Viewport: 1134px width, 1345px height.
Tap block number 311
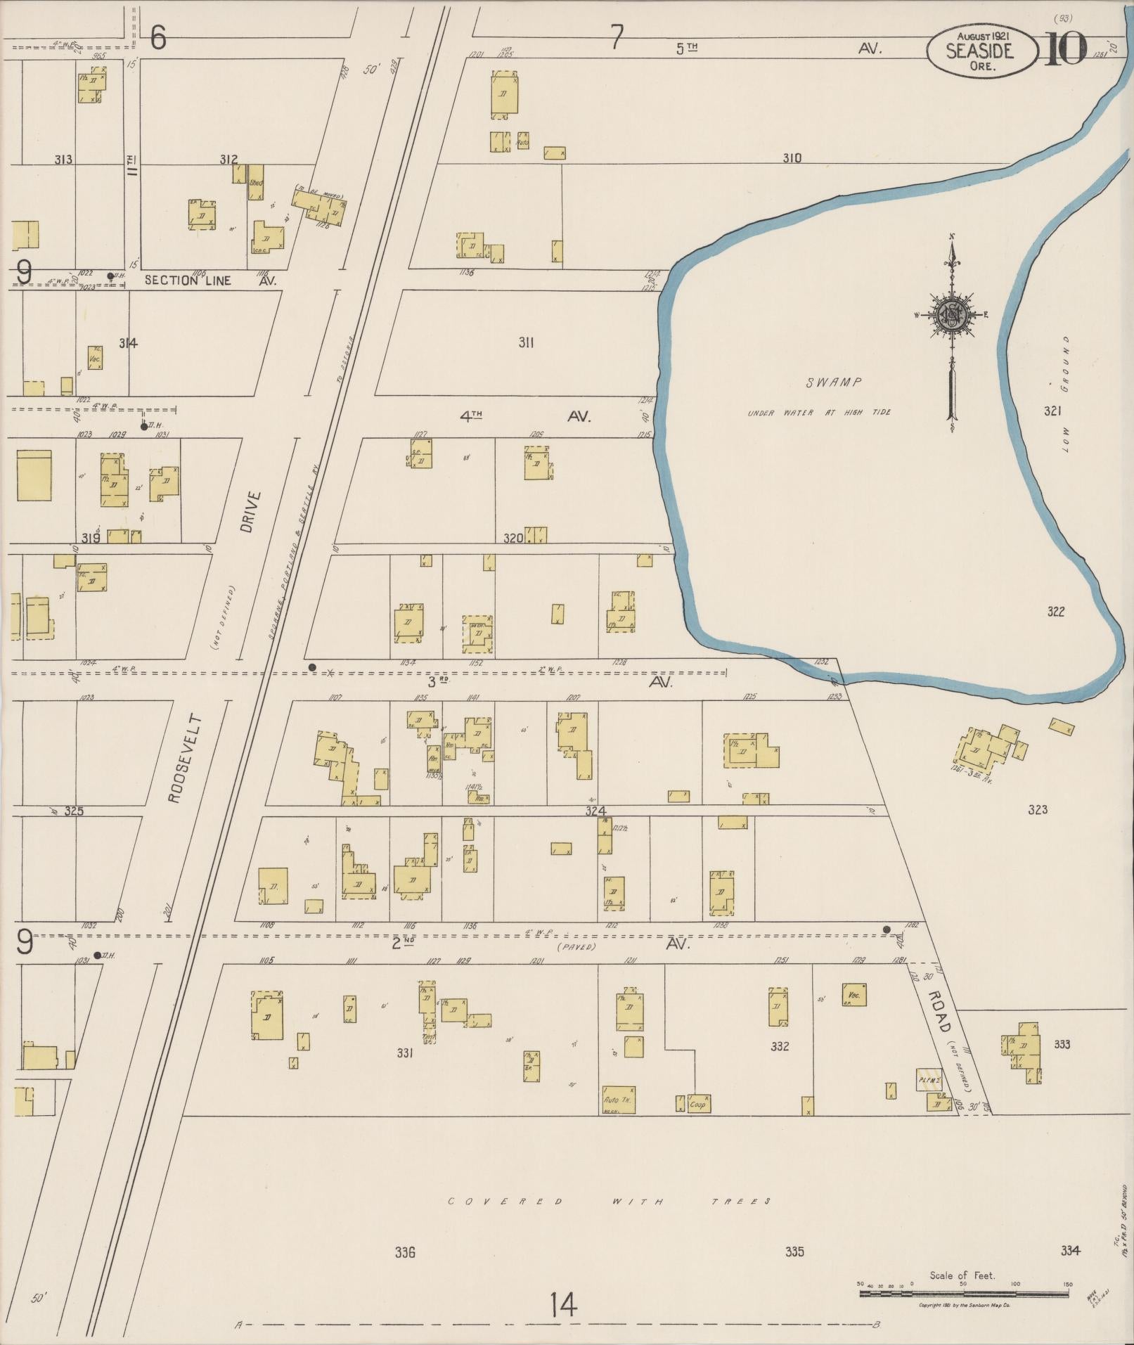click(526, 342)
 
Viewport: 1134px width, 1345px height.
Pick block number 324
click(595, 811)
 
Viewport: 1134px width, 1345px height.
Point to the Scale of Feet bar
click(963, 1293)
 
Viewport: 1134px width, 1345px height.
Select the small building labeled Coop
click(699, 1104)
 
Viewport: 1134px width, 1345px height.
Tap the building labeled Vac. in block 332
click(854, 995)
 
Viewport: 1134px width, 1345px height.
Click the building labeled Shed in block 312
click(256, 183)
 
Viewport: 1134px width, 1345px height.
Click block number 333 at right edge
click(1062, 1044)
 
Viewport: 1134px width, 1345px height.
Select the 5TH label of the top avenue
click(687, 48)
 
